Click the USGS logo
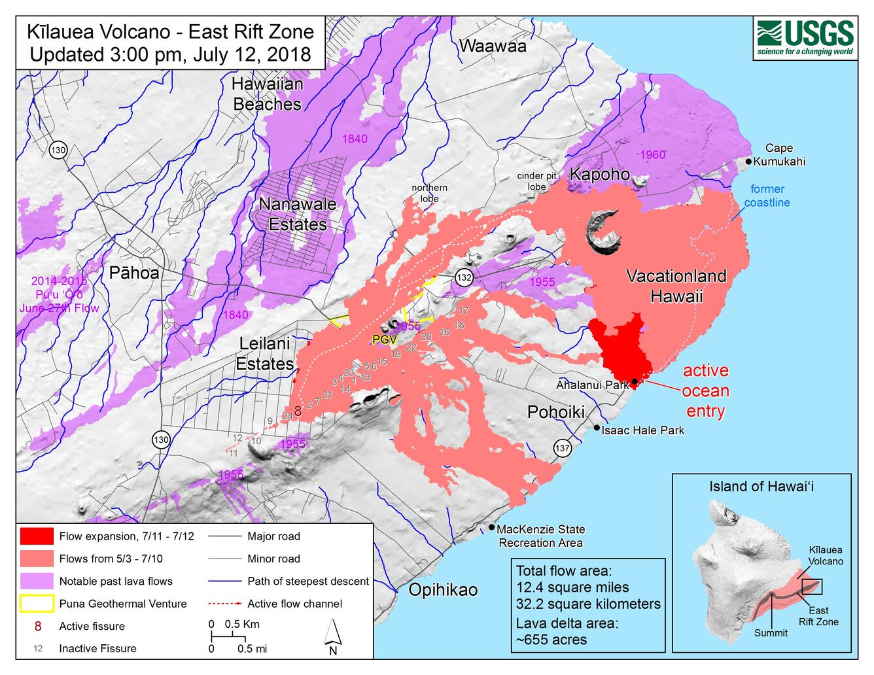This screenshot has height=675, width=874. pos(805,38)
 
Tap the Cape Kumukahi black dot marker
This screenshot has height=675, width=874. pos(748,161)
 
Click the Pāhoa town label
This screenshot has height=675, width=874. pos(134,273)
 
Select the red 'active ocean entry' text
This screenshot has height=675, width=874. pos(705,390)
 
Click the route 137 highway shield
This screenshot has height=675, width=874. pos(562,448)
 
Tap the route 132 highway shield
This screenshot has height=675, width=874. pos(464,277)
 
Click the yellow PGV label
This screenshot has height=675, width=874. pos(385,339)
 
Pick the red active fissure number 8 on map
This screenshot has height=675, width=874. pos(298,411)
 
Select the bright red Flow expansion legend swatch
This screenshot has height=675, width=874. pos(37,536)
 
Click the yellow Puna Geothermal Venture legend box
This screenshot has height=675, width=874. pos(37,604)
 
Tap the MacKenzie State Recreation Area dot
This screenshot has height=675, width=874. pos(492,527)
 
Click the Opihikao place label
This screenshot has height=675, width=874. pos(443,589)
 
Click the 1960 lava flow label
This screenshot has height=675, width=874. pos(652,154)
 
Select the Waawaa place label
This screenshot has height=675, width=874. pos(493,46)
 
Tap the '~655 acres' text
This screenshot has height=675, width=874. pos(551,640)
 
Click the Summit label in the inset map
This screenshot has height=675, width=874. pos(771,632)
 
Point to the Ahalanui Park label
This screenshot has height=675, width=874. pos(591,385)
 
